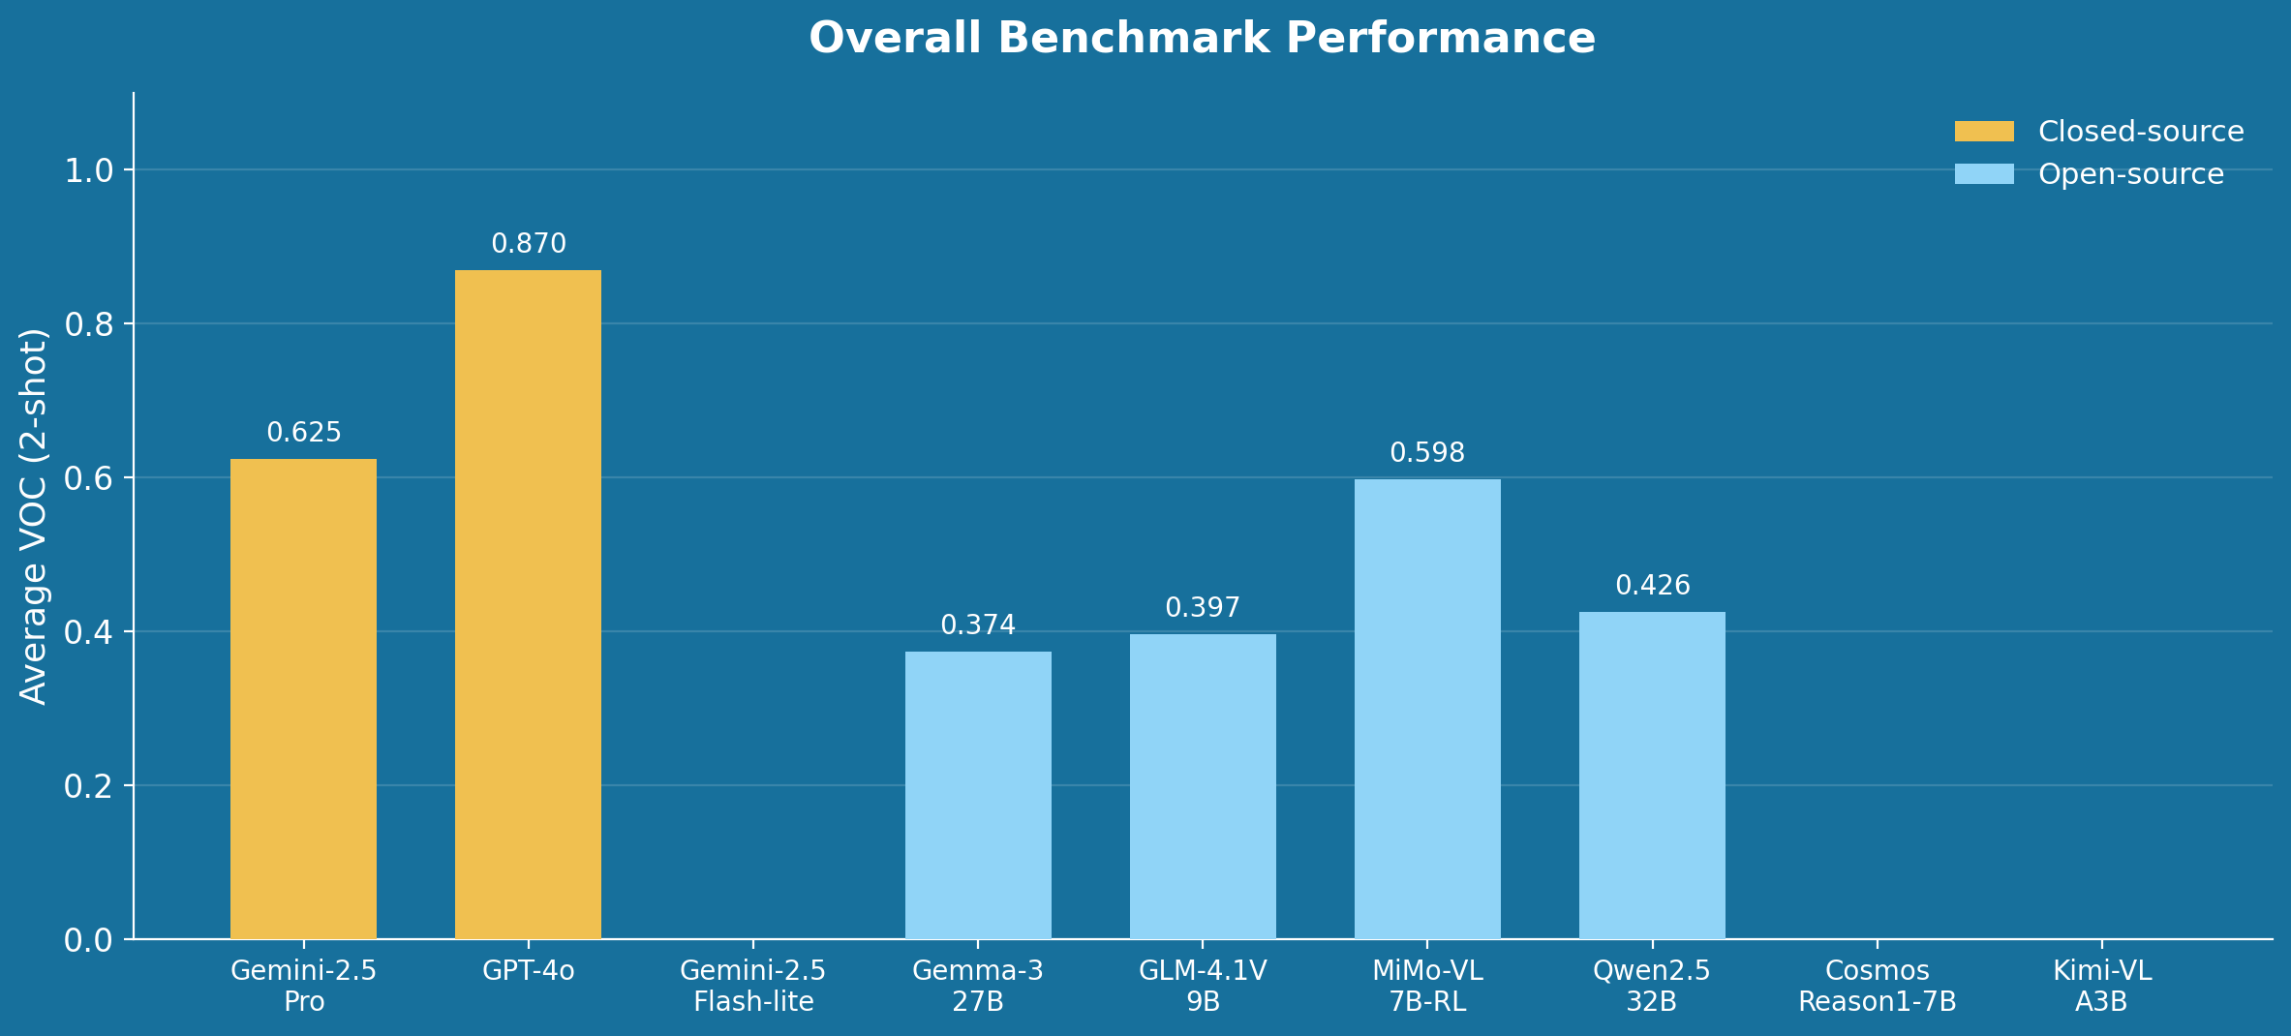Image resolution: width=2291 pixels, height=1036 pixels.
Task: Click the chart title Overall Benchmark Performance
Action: (x=1202, y=39)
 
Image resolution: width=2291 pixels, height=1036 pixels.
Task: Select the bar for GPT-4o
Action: (x=528, y=604)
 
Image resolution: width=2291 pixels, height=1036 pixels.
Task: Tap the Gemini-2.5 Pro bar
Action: (x=303, y=698)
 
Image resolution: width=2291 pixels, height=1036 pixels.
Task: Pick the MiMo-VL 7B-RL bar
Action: (x=1427, y=709)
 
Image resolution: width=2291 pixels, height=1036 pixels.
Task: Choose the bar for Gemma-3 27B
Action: (x=978, y=795)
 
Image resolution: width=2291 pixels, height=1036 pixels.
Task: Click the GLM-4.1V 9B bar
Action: (x=1203, y=786)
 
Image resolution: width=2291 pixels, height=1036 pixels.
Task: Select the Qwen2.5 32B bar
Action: (x=1652, y=775)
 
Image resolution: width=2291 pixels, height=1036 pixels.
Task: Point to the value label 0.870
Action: (x=528, y=244)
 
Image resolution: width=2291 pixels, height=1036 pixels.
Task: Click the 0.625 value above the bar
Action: (x=303, y=433)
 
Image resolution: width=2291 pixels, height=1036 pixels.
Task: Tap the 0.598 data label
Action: (x=1427, y=453)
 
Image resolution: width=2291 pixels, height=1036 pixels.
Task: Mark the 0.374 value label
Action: (x=978, y=625)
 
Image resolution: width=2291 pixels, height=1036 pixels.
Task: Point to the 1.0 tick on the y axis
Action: (x=88, y=171)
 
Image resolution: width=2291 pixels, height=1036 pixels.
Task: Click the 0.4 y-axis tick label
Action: (x=88, y=632)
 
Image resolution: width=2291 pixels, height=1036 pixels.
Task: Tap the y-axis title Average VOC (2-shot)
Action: (x=34, y=516)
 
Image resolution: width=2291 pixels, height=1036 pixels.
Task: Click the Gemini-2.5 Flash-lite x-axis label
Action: (x=753, y=986)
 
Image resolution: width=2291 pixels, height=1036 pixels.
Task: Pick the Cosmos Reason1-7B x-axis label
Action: (x=1877, y=986)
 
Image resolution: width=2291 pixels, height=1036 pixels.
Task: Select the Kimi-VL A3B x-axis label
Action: (x=2101, y=986)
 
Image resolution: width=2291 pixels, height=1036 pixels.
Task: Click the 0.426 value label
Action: (x=1652, y=586)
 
